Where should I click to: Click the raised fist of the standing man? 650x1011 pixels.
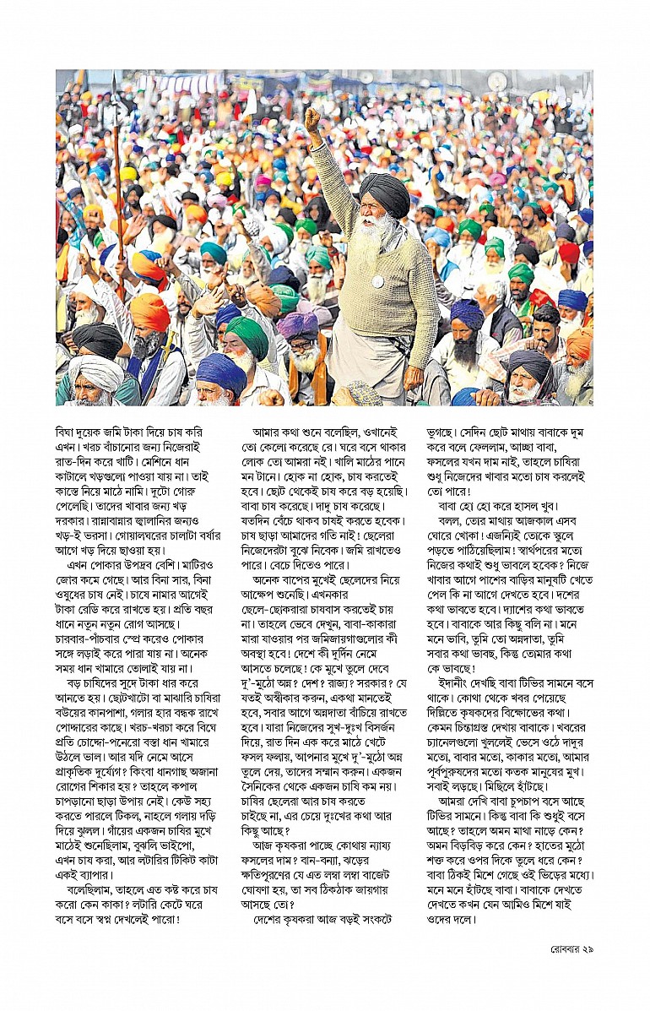pyautogui.click(x=313, y=119)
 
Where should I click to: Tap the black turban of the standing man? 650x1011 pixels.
pyautogui.click(x=385, y=192)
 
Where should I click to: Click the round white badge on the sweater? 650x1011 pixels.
pyautogui.click(x=379, y=281)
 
